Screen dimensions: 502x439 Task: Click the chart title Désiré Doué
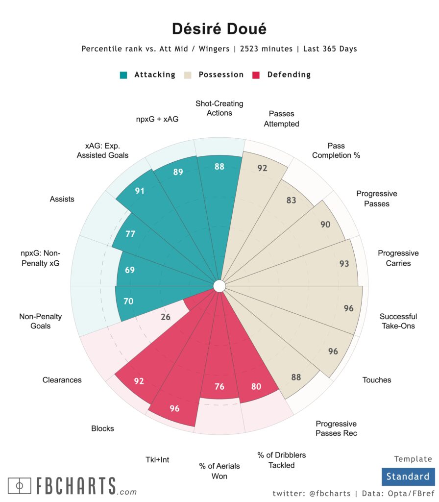(219, 29)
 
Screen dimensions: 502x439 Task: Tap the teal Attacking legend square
(124, 75)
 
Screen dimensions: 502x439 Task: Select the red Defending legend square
(256, 75)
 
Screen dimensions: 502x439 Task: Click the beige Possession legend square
(188, 75)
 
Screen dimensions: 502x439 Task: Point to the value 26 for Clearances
(166, 317)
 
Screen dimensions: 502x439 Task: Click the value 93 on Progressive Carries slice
(344, 264)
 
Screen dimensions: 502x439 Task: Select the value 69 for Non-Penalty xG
(129, 270)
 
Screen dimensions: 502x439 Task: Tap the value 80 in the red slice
(256, 386)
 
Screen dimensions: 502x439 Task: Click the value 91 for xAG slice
(140, 191)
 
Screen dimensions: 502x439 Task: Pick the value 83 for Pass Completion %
(291, 201)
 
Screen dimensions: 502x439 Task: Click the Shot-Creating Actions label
(219, 108)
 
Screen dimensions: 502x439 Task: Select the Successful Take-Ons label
(398, 321)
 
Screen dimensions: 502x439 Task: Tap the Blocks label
(102, 428)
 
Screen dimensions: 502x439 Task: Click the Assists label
(62, 199)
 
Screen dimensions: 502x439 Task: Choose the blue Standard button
(407, 477)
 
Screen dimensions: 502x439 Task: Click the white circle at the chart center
(219, 286)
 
